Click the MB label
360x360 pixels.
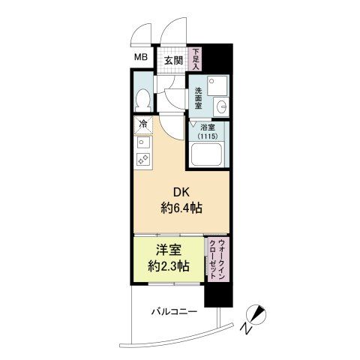(x=141, y=57)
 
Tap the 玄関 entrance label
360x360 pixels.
(x=173, y=61)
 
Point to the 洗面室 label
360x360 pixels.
(x=198, y=97)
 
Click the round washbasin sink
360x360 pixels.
(x=221, y=106)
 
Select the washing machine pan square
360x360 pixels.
(x=217, y=85)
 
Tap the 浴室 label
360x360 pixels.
(x=208, y=127)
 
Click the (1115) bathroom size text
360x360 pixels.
(x=208, y=136)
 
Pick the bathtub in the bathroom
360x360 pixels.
(x=205, y=154)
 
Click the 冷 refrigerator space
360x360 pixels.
(x=143, y=124)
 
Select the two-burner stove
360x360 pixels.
(x=143, y=158)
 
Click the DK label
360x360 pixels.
(x=181, y=193)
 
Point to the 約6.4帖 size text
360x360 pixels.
(x=181, y=208)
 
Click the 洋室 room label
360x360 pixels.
(x=169, y=250)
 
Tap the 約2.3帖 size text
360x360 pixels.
(x=169, y=266)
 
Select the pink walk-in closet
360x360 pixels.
(x=217, y=259)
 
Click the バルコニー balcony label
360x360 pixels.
(x=175, y=312)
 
